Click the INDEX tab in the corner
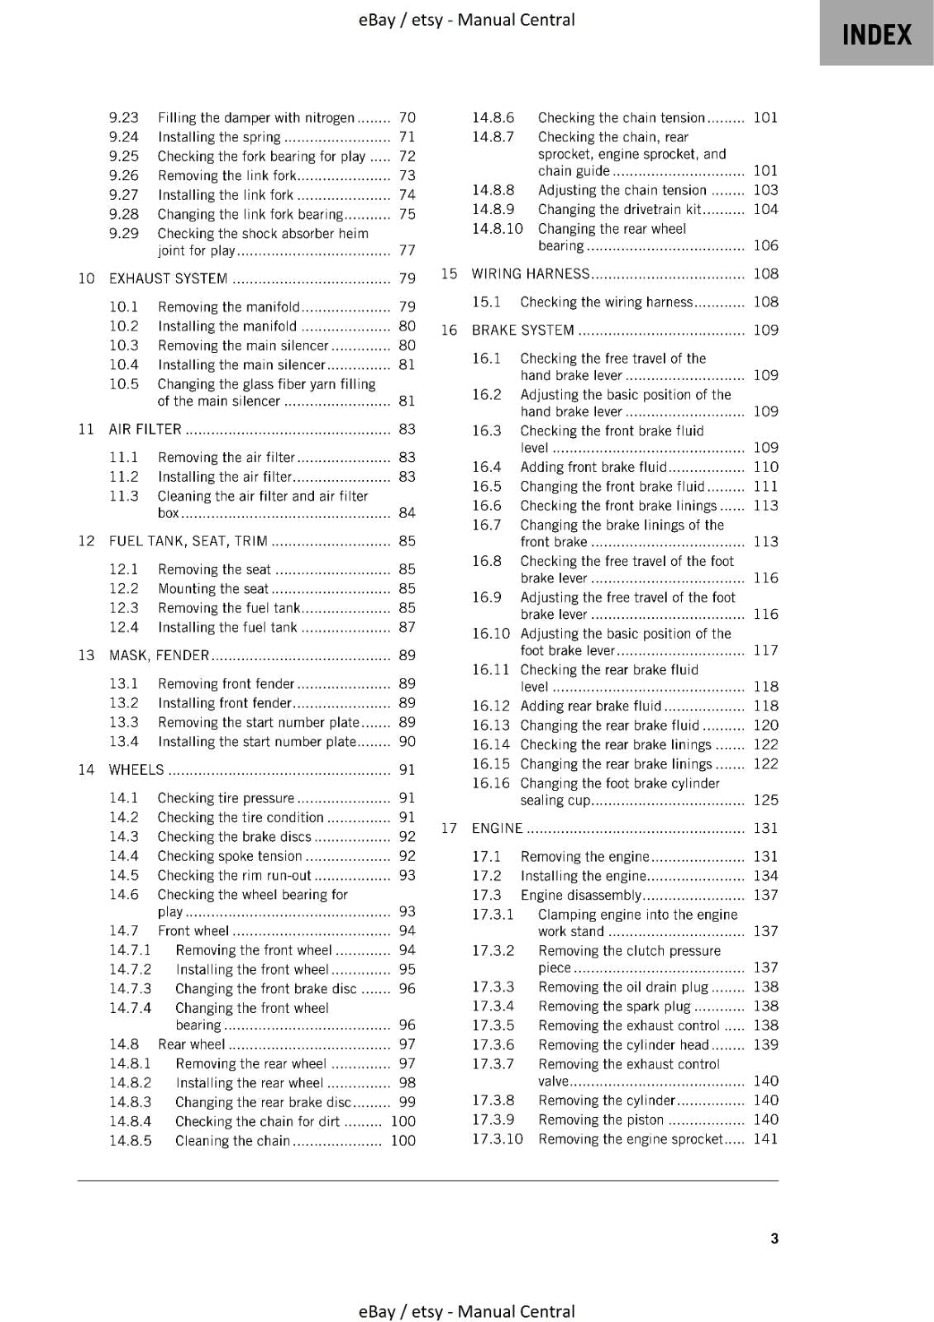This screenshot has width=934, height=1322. tap(876, 35)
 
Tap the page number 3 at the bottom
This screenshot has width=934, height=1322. tap(774, 1238)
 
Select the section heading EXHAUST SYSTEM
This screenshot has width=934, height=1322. tap(168, 278)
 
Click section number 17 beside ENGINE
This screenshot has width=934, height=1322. tap(449, 828)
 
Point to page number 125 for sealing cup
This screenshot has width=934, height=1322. tap(765, 800)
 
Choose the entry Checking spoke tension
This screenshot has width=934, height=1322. tap(229, 856)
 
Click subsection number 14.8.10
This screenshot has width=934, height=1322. tap(497, 229)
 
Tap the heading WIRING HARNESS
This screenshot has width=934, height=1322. tap(530, 273)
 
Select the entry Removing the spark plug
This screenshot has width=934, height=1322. tap(613, 1006)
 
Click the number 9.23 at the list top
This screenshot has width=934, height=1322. tap(124, 117)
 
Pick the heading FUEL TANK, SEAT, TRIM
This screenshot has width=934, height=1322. tap(188, 541)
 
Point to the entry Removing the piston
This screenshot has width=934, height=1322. tap(600, 1120)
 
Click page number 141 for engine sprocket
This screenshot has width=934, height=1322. tap(765, 1139)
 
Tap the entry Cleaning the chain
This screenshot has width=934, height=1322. tap(232, 1141)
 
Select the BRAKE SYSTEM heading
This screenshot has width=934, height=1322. tap(522, 330)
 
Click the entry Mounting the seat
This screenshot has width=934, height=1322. tap(212, 589)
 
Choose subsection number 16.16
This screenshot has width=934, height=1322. tap(491, 783)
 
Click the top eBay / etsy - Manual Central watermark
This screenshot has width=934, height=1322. tap(466, 20)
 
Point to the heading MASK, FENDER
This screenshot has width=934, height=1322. tap(159, 655)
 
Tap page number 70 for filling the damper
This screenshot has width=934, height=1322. tap(407, 117)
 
